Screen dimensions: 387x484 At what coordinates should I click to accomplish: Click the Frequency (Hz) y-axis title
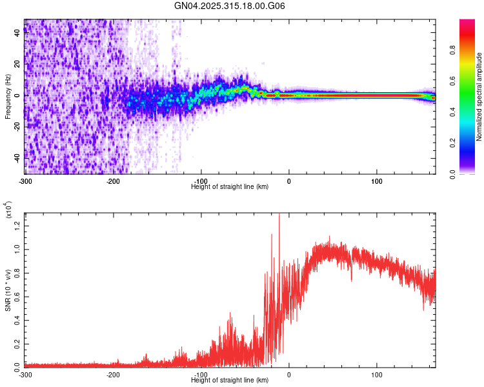[x=8, y=97]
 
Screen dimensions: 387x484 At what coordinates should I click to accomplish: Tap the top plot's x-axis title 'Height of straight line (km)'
[x=230, y=186]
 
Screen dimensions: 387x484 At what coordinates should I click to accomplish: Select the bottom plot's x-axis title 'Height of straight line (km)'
[x=230, y=379]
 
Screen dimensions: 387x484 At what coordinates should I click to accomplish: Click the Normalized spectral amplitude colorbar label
[x=479, y=97]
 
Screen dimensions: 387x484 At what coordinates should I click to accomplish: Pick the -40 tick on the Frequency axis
[x=16, y=158]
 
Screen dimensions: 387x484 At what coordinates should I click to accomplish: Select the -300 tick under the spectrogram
[x=25, y=181]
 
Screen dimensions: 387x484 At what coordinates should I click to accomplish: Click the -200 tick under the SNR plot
[x=113, y=373]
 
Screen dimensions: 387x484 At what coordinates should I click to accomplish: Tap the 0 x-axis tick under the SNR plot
[x=288, y=373]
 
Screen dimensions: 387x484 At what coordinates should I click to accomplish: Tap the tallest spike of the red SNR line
[x=279, y=215]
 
